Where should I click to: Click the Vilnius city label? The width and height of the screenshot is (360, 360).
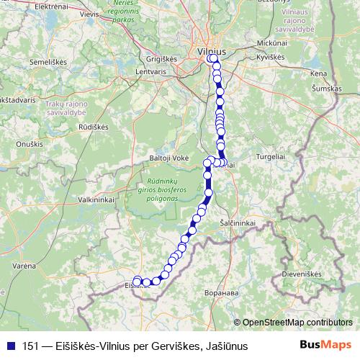(x=212, y=52)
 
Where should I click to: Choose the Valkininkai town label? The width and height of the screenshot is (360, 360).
(x=98, y=199)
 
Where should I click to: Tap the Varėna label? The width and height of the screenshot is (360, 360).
(x=23, y=266)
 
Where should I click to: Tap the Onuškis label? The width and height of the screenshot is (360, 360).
(x=30, y=145)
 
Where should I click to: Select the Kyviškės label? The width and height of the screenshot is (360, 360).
(x=271, y=55)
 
